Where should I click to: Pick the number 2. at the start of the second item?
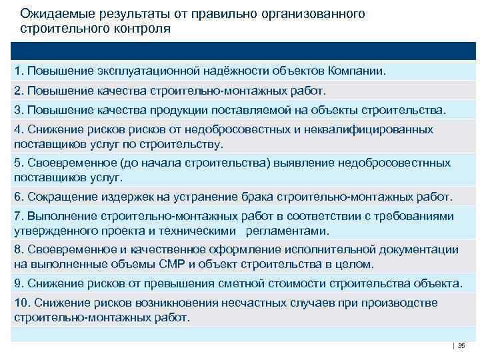[x=19, y=90]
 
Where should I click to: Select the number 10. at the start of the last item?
[x=21, y=303]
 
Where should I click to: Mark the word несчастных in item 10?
[x=262, y=303]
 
